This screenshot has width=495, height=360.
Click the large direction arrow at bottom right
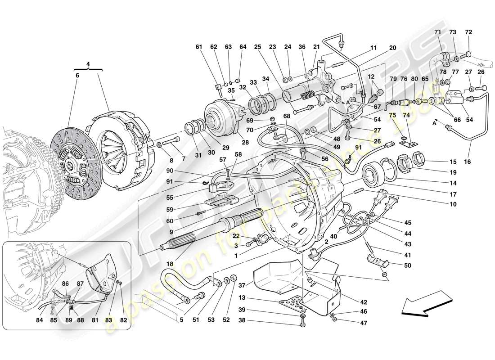tap(425, 301)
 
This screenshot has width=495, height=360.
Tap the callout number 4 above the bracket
tap(88, 64)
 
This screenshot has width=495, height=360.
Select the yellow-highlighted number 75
tap(393, 115)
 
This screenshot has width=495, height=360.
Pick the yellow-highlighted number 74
tap(407, 115)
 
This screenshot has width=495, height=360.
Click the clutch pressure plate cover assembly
tap(119, 135)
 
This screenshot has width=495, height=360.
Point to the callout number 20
tap(392, 47)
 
